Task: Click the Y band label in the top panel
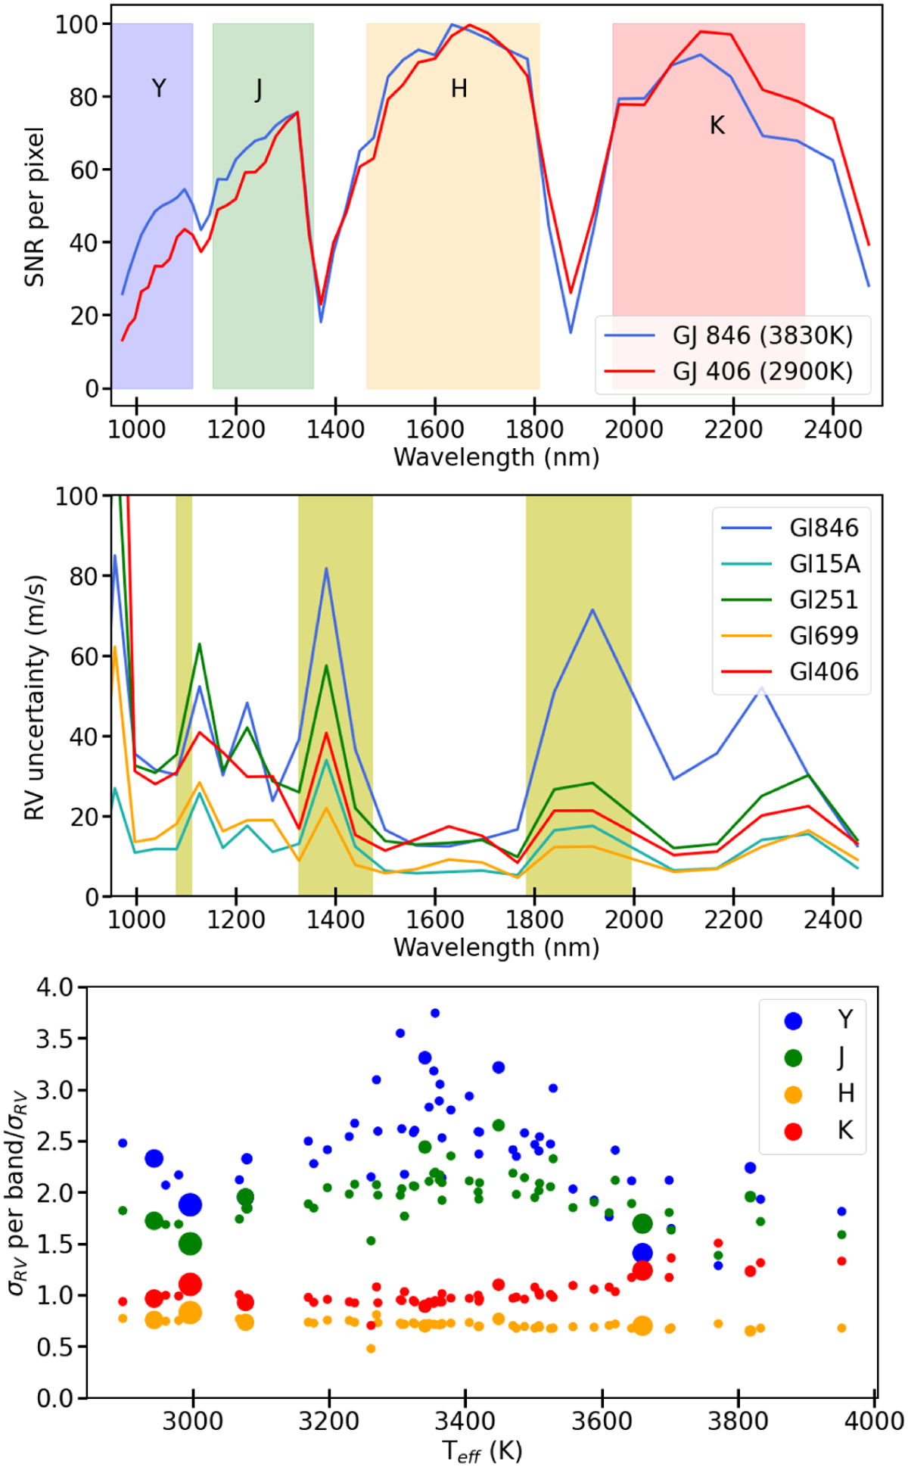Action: point(159,89)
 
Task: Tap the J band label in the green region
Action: point(259,89)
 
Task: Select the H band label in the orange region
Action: point(459,89)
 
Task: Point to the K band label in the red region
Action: point(717,126)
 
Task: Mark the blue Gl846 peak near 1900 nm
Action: point(592,609)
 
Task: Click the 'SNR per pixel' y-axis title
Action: point(35,207)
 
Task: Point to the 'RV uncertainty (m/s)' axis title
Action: point(35,697)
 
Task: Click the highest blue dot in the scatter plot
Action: point(435,1013)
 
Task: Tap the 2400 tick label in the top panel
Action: point(833,429)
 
